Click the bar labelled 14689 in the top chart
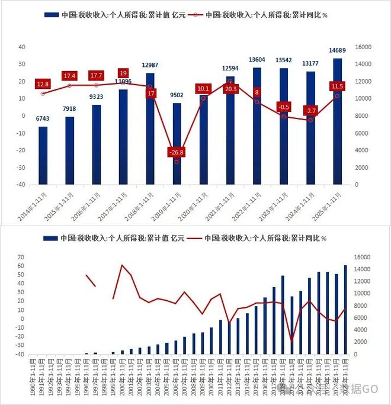click(337, 121)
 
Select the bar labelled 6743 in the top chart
click(43, 155)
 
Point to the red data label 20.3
click(231, 89)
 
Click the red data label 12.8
click(43, 85)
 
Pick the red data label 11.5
click(338, 87)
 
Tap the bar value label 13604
click(257, 59)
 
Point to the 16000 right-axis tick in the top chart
click(363, 47)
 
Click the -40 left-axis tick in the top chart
click(21, 185)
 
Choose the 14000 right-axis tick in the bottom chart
click(363, 269)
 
